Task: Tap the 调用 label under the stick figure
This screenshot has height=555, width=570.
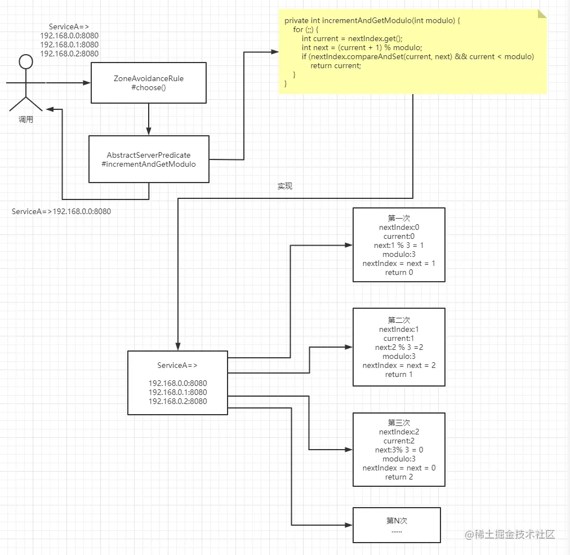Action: [26, 119]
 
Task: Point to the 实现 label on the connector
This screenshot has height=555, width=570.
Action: [285, 186]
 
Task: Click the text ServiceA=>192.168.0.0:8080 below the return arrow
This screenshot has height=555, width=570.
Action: [61, 211]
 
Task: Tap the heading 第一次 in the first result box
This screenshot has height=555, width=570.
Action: [399, 218]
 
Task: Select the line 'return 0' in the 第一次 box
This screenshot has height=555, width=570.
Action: [399, 272]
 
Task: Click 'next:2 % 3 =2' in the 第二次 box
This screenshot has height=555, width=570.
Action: [399, 347]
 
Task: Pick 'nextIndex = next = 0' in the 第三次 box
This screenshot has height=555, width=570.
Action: [399, 468]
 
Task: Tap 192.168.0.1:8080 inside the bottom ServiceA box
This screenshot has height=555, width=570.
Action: [178, 392]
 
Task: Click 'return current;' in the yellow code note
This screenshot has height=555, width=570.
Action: [336, 66]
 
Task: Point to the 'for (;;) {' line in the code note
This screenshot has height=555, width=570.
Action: [306, 29]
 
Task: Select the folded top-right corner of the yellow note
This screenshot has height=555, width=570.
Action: [542, 14]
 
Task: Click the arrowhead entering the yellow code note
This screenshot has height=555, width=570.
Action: [275, 52]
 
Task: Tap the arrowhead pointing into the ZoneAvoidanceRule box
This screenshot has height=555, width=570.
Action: [87, 83]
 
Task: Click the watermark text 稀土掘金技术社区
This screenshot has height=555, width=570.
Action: [514, 534]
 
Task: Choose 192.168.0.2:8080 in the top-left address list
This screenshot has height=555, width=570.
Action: [69, 54]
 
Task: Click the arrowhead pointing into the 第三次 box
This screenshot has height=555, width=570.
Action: [349, 450]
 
